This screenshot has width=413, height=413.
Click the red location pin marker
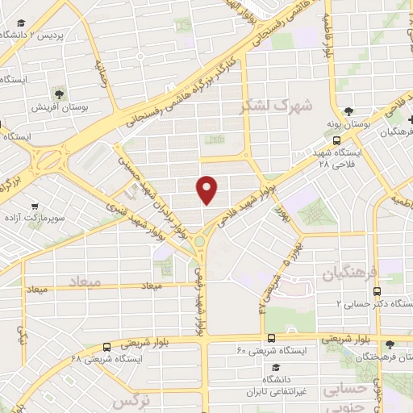(x=207, y=188)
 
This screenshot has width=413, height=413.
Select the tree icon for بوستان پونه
(x=348, y=112)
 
